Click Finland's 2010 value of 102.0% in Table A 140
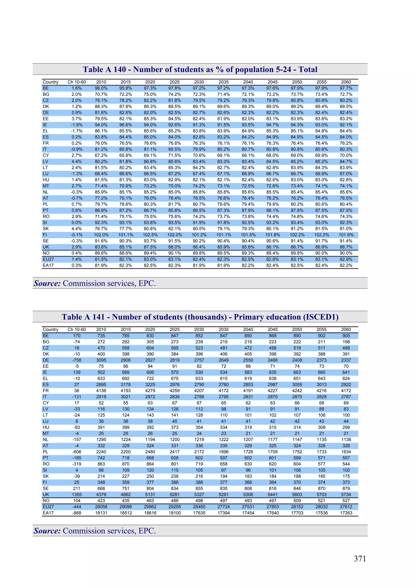tap(101, 235)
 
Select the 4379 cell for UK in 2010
tap(101, 494)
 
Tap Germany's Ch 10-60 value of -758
tap(77, 360)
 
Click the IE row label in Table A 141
tap(45, 372)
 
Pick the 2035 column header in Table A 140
tap(223, 82)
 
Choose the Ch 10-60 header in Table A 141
tap(77, 330)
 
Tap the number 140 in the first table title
tap(120, 69)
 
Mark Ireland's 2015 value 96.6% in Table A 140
tap(126, 125)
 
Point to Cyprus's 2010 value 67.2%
tap(101, 155)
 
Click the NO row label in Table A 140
tap(46, 253)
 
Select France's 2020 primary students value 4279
tap(150, 391)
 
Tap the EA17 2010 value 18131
tap(101, 513)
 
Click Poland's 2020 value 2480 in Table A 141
tap(150, 452)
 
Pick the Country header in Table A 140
tap(51, 82)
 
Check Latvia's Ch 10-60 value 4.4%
tap(77, 162)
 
